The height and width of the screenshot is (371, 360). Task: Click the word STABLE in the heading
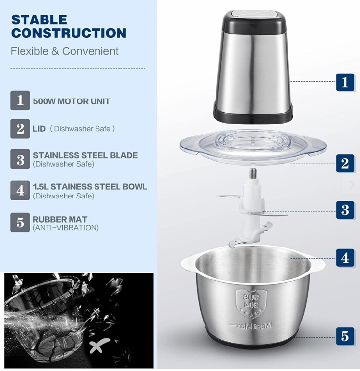coord(39,20)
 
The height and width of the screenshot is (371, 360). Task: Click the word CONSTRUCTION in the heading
coord(69,33)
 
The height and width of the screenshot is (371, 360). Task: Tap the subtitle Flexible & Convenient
coord(65,51)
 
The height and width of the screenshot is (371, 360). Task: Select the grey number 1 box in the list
coord(20,100)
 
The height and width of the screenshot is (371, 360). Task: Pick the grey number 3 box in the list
coord(20,159)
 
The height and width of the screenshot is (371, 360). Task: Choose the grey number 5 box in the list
coord(20,223)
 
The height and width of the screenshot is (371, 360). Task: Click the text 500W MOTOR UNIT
coord(72,101)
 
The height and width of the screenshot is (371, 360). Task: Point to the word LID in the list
coord(39,129)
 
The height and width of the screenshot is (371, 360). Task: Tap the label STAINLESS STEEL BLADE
coord(85,155)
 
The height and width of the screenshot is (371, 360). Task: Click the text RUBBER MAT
coord(60,219)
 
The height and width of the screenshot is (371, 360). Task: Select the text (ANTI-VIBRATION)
coord(66,228)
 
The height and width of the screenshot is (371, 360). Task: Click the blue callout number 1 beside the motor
coord(345,82)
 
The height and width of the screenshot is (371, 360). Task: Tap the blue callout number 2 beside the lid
coord(345,163)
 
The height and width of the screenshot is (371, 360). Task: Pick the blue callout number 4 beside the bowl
coord(345,257)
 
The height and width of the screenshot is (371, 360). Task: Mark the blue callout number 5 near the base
coord(345,336)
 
